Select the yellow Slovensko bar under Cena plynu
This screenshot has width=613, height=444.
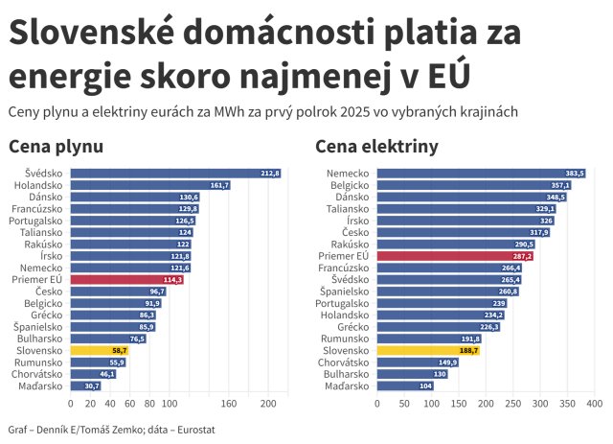(100, 351)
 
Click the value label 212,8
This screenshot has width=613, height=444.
(269, 174)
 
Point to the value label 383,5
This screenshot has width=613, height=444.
(575, 174)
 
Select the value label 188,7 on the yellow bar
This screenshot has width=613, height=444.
(468, 351)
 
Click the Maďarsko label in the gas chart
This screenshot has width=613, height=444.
(41, 386)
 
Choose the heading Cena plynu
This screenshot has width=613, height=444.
(56, 147)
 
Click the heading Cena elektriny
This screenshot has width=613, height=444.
(376, 147)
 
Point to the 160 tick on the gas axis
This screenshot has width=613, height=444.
(229, 404)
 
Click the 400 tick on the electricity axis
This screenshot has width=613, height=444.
(594, 404)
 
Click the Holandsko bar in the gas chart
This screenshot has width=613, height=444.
(148, 185)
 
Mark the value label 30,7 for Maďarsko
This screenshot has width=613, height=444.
(92, 386)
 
